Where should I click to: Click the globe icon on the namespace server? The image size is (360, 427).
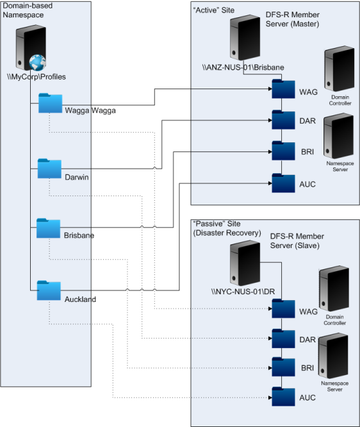[x=38, y=63]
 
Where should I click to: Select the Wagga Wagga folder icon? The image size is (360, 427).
[x=51, y=103]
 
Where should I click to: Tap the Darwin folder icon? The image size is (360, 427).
[x=49, y=168]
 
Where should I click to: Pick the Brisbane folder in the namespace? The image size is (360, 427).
[x=49, y=228]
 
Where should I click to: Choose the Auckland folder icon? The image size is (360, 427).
[x=49, y=290]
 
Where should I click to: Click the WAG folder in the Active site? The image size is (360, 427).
[x=283, y=88]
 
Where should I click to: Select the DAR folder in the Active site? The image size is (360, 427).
[x=283, y=120]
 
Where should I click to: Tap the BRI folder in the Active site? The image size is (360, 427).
[x=283, y=151]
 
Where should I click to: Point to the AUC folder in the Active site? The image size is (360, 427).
[x=283, y=183]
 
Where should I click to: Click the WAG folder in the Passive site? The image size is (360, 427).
[x=283, y=308]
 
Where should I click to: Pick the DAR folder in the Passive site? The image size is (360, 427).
[x=283, y=339]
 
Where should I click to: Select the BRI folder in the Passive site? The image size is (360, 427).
[x=283, y=367]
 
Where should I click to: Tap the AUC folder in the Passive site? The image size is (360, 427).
[x=283, y=396]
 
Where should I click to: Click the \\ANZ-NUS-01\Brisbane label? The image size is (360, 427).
[x=243, y=67]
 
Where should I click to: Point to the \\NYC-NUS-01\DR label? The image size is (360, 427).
[x=243, y=292]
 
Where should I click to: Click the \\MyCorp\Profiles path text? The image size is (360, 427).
[x=37, y=77]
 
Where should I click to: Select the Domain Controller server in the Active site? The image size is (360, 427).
[x=340, y=69]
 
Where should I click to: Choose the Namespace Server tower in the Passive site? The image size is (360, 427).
[x=334, y=356]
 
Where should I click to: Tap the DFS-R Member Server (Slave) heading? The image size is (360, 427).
[x=297, y=240]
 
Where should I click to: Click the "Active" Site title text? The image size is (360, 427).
[x=213, y=10]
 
